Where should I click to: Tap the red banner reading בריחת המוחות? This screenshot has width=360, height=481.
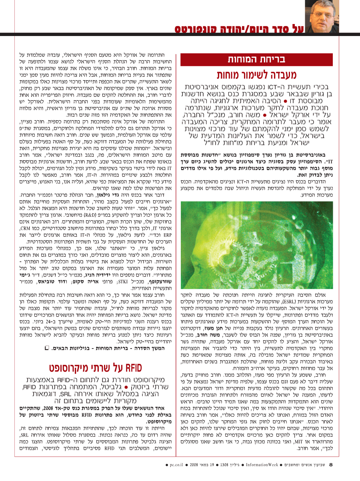click(x=256, y=60)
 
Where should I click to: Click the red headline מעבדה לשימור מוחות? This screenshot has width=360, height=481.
click(x=256, y=75)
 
